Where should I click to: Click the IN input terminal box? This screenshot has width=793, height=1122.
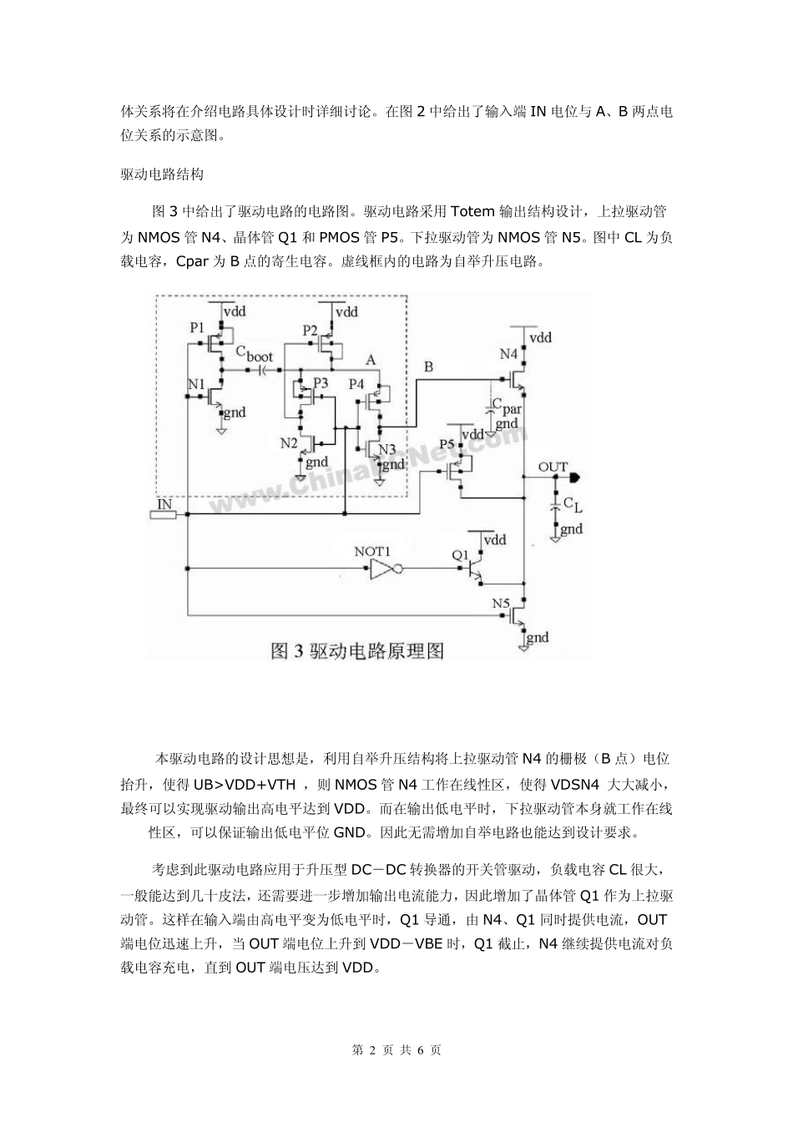pyautogui.click(x=164, y=513)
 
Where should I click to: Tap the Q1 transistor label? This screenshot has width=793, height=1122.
pyautogui.click(x=461, y=553)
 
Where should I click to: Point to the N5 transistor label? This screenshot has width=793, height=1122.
pyautogui.click(x=501, y=603)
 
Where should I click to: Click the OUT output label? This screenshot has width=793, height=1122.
pyautogui.click(x=553, y=467)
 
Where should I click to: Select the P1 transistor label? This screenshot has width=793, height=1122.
pyautogui.click(x=197, y=327)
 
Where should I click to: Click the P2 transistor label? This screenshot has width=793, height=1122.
pyautogui.click(x=310, y=330)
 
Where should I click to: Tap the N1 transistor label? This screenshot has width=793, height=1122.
pyautogui.click(x=197, y=383)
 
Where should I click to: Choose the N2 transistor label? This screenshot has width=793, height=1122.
pyautogui.click(x=289, y=442)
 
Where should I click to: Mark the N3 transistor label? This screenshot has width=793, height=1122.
pyautogui.click(x=387, y=449)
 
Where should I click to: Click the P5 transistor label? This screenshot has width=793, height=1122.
pyautogui.click(x=447, y=442)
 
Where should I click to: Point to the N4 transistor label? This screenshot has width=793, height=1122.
pyautogui.click(x=509, y=354)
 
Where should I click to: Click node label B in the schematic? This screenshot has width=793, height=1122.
pyautogui.click(x=428, y=366)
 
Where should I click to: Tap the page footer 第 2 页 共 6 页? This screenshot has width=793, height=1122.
pyautogui.click(x=396, y=1049)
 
